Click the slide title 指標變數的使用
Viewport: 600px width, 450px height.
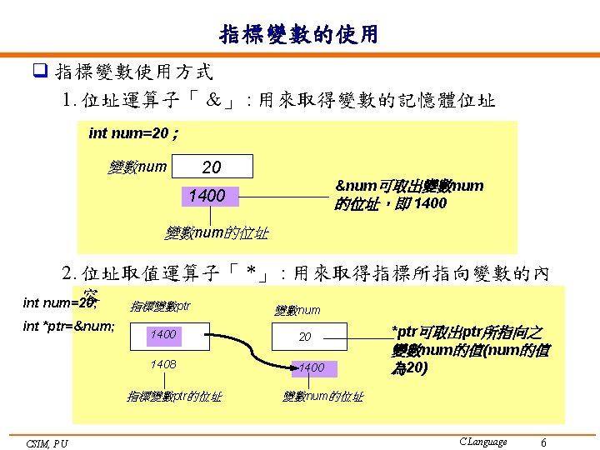coord(299,34)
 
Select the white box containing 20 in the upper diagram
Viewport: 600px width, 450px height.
coord(212,167)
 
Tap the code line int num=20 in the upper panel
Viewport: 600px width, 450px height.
coord(132,133)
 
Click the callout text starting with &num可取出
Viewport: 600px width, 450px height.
coord(408,194)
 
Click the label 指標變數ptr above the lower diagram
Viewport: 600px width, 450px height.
coord(161,306)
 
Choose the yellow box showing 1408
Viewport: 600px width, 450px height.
coord(163,364)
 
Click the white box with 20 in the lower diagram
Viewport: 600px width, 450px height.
coord(306,337)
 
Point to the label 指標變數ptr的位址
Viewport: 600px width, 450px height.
coord(173,397)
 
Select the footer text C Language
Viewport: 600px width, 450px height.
coord(482,442)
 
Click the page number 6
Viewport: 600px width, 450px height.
coord(543,442)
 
